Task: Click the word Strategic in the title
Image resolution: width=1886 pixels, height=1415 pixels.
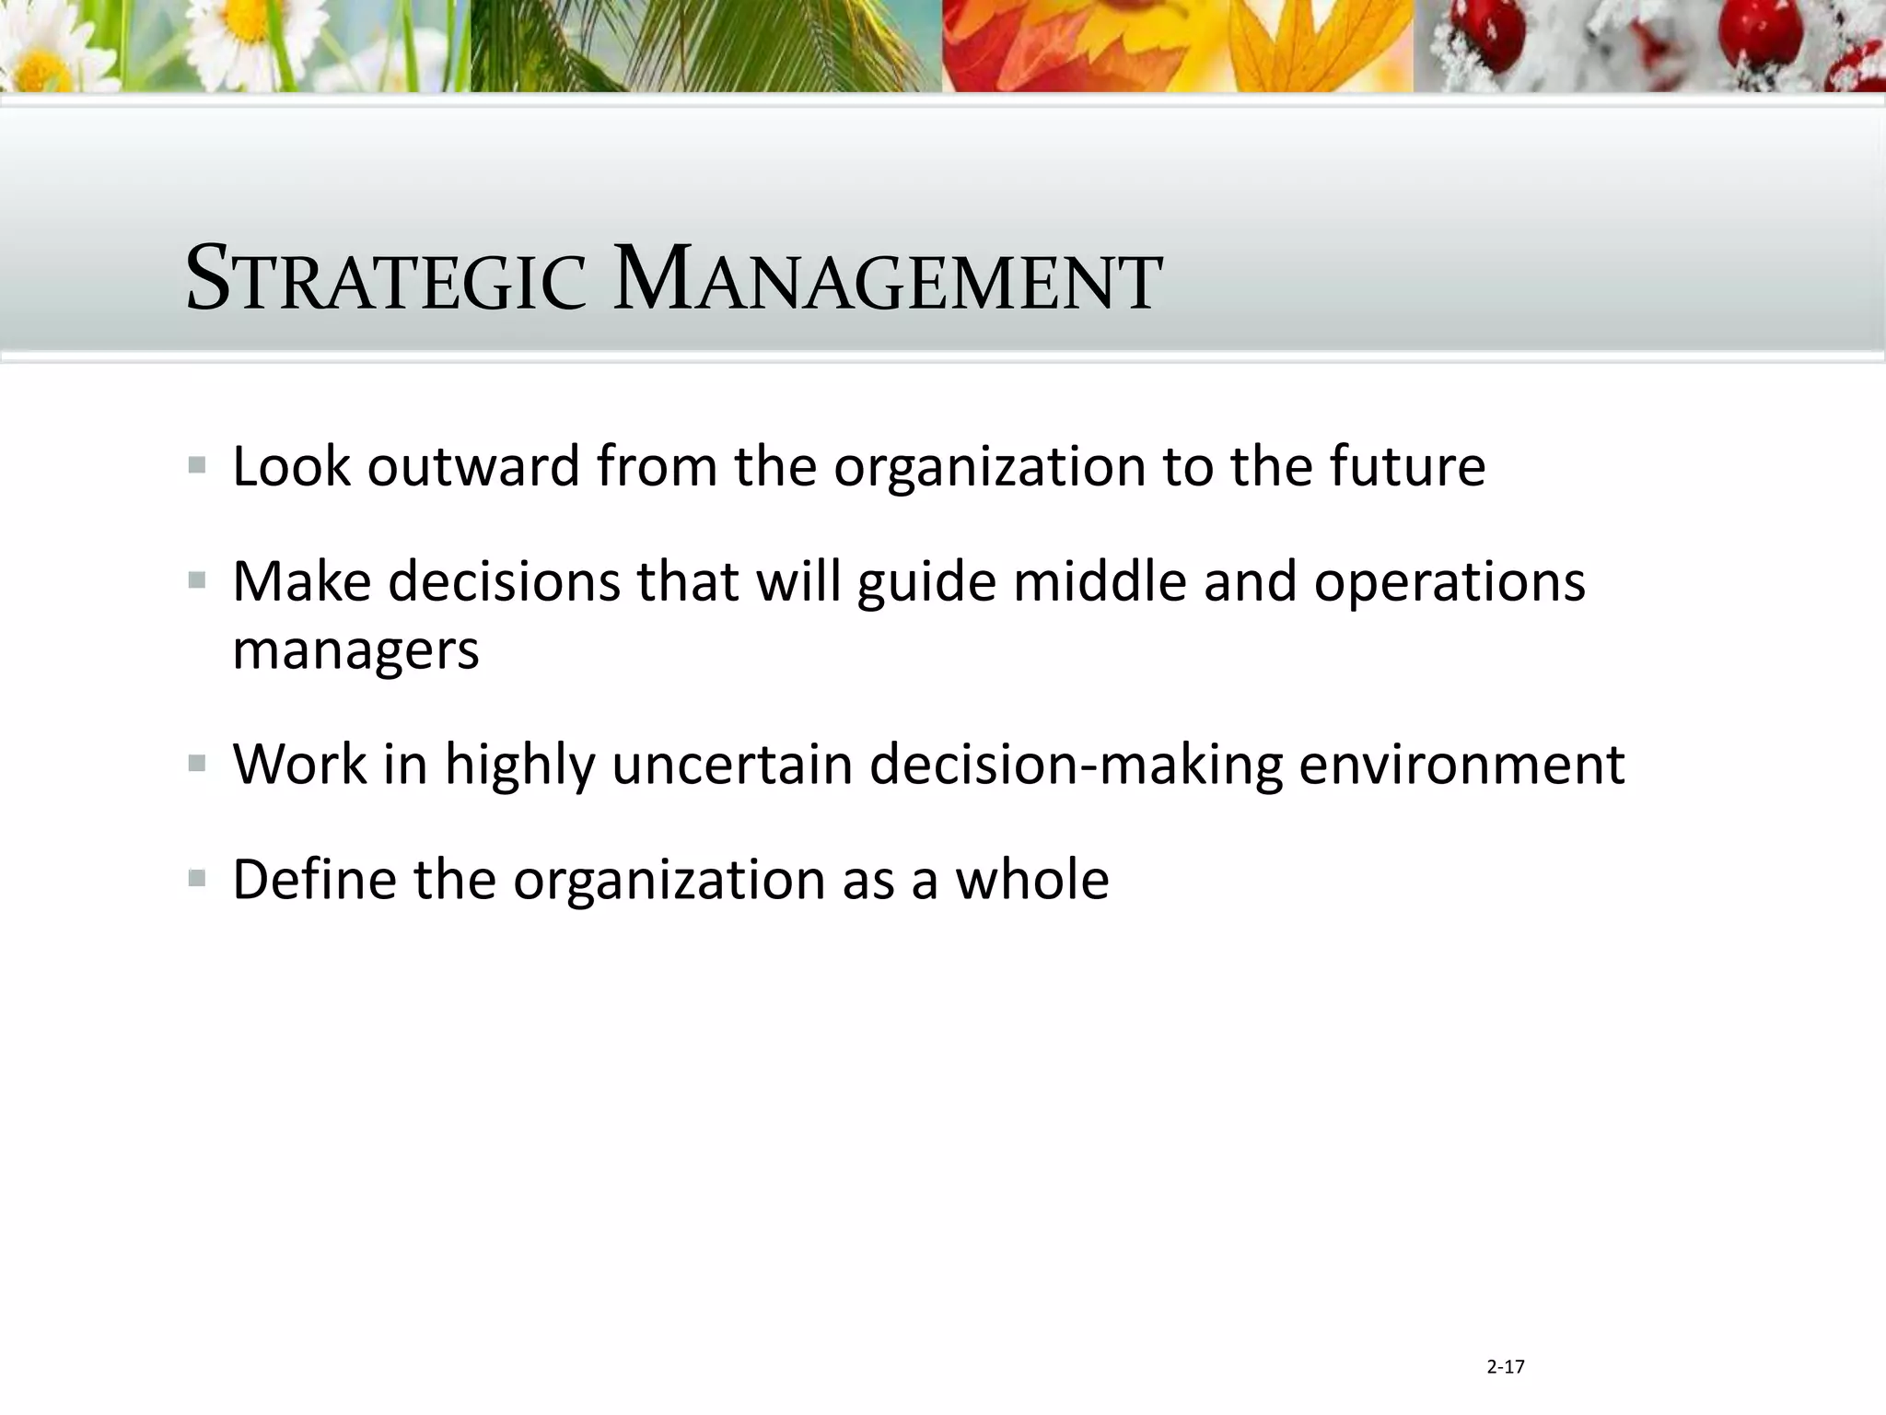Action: [x=386, y=279]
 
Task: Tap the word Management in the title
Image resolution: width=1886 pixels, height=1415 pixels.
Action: [x=887, y=279]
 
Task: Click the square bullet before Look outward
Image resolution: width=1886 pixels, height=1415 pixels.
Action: [x=197, y=465]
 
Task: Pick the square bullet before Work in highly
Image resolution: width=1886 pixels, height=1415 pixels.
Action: [x=197, y=764]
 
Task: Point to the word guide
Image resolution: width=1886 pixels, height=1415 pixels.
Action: [x=926, y=583]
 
